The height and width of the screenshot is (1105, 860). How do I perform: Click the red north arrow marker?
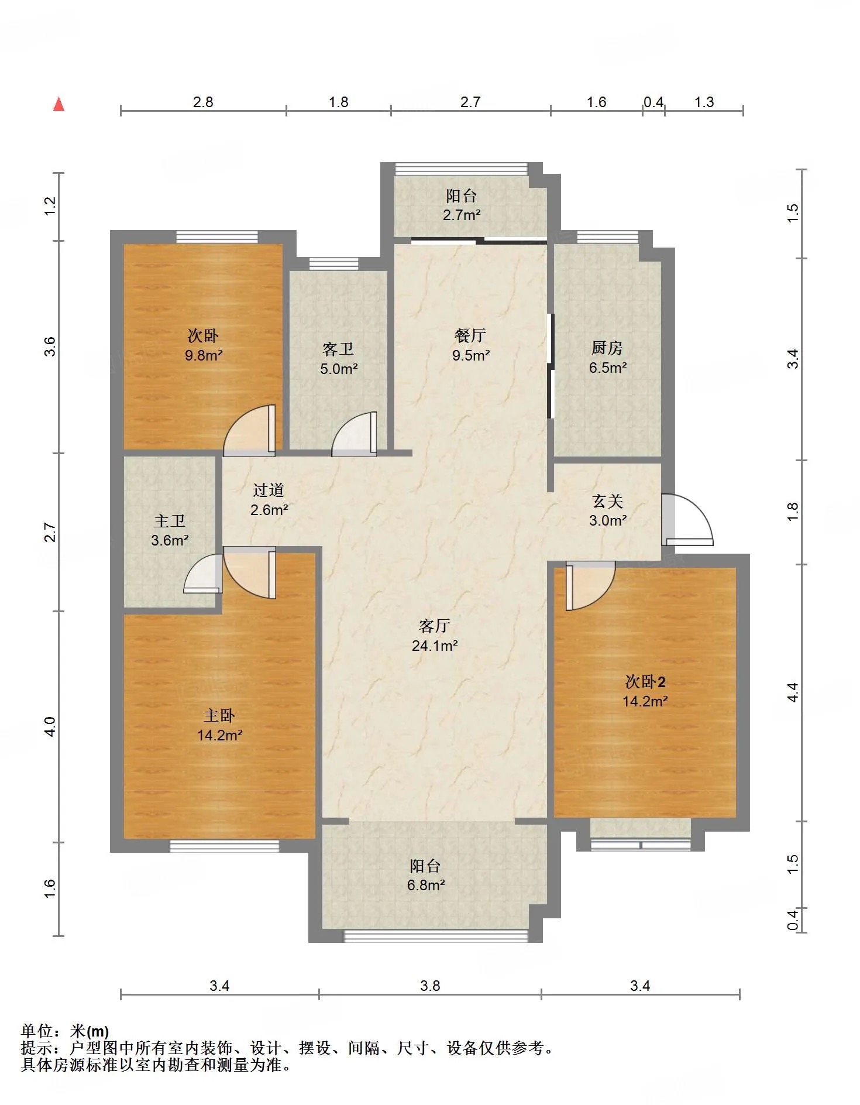coord(59,104)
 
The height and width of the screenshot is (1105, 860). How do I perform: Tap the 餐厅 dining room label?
coord(470,335)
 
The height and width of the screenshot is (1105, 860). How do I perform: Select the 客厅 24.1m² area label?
coord(435,636)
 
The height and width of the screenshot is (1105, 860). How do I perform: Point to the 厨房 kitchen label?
coord(607,348)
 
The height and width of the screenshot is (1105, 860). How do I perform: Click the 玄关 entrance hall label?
coord(608,501)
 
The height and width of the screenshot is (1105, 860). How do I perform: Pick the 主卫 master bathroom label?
coord(170,521)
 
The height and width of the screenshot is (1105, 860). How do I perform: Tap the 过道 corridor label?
coord(269,490)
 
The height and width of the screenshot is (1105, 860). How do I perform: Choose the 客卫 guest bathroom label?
coord(338,349)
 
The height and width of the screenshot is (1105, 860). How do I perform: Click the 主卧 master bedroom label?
coord(219,715)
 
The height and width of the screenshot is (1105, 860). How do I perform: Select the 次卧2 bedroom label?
coord(645,682)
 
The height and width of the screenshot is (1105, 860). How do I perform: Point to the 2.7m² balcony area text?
coord(462,215)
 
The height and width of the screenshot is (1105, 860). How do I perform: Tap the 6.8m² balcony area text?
coord(426,885)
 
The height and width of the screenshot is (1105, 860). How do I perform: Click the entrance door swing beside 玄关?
coord(688,520)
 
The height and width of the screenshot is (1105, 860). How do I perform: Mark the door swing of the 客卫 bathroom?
coord(355,433)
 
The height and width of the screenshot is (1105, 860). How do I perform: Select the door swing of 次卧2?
coord(590,586)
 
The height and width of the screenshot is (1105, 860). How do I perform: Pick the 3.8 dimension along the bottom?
coord(430,986)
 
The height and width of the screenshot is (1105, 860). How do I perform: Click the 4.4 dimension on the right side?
coord(793,693)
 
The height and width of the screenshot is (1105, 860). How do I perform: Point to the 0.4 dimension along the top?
coord(653,102)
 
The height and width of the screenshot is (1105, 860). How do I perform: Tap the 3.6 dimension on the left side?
coord(51,346)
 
